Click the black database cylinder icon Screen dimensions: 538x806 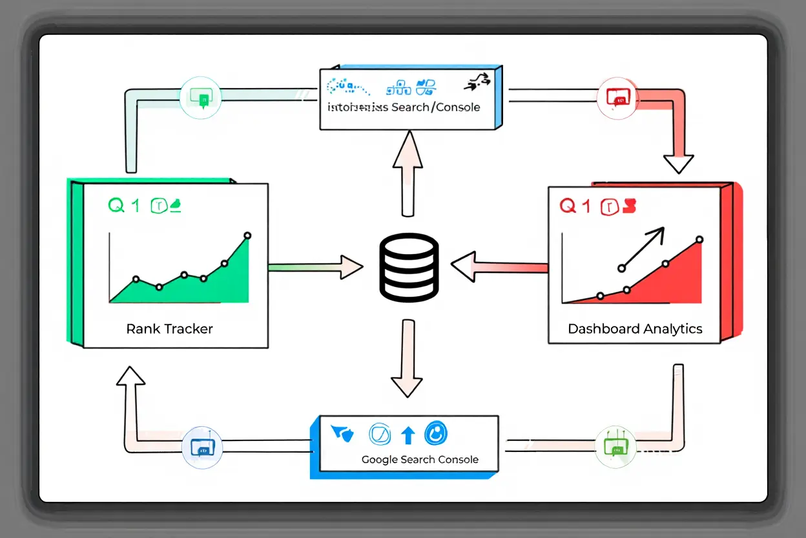tap(409, 268)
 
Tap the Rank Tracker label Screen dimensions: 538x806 tap(169, 328)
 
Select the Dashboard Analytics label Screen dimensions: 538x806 tap(635, 328)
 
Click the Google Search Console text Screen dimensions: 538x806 tap(420, 460)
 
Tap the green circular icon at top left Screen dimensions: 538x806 tap(201, 98)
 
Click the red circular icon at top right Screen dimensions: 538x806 tap(618, 98)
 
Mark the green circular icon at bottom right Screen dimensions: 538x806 tap(614, 447)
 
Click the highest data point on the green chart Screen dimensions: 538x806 tap(247, 236)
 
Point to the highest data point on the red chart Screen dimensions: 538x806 tap(699, 240)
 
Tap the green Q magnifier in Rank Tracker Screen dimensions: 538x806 tap(116, 206)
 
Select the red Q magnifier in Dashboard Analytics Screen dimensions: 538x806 tap(568, 206)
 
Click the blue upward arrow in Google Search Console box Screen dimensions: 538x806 tap(408, 435)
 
